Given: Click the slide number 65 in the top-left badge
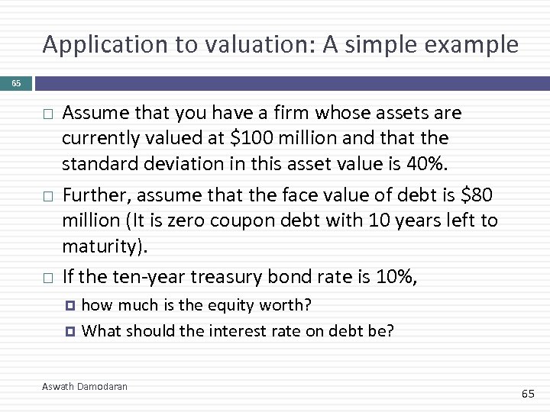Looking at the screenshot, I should [x=16, y=83].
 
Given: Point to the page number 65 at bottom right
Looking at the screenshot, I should [x=528, y=394].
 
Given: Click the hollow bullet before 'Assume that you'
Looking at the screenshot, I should [x=47, y=114].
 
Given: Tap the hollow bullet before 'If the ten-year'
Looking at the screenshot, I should [x=47, y=278].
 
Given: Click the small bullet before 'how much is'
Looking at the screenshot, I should [x=72, y=306].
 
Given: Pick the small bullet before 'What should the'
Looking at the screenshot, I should [x=72, y=331].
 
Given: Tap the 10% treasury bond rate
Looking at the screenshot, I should [x=395, y=276].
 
